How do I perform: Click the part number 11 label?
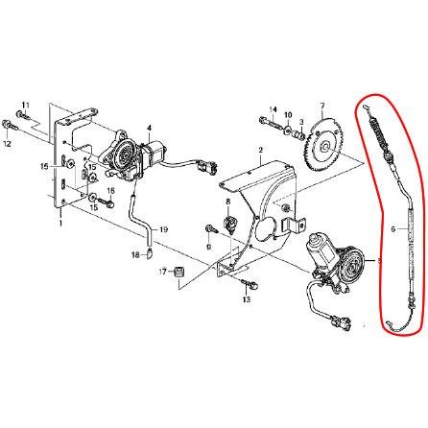coord(25,105)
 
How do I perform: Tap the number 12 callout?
coord(7,144)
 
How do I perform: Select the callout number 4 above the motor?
coord(149,129)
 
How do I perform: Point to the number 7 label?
coord(322,105)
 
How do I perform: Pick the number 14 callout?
coord(273,109)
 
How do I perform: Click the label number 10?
coord(288,114)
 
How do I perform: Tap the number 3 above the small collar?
coord(301,122)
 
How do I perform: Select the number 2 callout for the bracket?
coord(260,150)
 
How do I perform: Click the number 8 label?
coord(228,202)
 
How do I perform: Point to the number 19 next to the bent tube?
coord(163,229)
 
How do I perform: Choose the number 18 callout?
coord(135,255)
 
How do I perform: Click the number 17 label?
coord(163,272)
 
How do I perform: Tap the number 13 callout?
coord(246,299)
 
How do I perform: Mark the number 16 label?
coord(110,191)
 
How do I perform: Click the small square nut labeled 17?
coord(178,272)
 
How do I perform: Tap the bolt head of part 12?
coord(6,124)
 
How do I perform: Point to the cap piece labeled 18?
coord(149,253)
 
